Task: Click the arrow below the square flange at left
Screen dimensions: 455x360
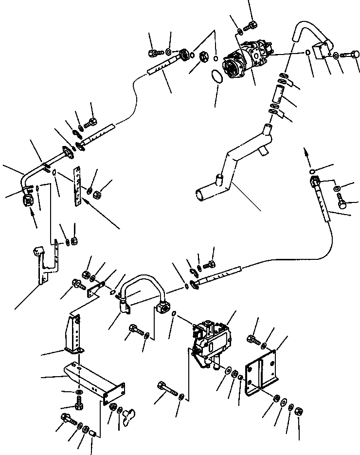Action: click(34, 221)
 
